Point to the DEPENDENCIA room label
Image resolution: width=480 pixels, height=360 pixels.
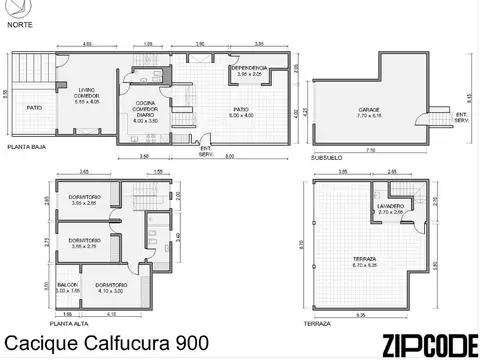pyautogui.click(x=249, y=70)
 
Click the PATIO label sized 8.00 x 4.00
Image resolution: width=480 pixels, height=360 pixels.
pyautogui.click(x=240, y=112)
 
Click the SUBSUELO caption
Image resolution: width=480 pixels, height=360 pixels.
pyautogui.click(x=327, y=157)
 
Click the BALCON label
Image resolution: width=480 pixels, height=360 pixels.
pyautogui.click(x=67, y=287)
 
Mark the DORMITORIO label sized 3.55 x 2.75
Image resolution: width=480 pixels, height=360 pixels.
pyautogui.click(x=83, y=242)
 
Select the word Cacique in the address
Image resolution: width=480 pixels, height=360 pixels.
pyautogui.click(x=37, y=342)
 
